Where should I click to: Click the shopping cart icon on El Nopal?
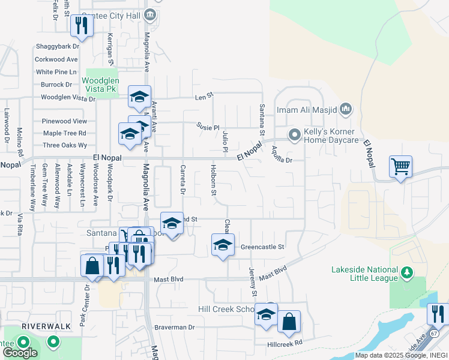click(x=400, y=166)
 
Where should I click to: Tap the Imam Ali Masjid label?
click(x=307, y=110)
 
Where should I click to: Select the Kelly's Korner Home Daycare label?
click(x=329, y=136)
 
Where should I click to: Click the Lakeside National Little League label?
click(x=364, y=274)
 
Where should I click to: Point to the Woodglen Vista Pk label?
click(x=101, y=84)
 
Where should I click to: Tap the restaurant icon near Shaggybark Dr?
click(x=80, y=25)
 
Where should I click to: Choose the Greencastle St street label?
click(x=262, y=247)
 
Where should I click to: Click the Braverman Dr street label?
click(x=175, y=328)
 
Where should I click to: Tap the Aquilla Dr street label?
click(x=281, y=155)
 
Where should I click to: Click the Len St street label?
click(x=204, y=95)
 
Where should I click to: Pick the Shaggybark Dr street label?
click(x=58, y=46)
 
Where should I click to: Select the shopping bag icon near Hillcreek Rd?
click(x=288, y=322)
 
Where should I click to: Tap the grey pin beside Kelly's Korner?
click(x=294, y=136)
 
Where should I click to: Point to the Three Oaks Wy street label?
click(x=65, y=145)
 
